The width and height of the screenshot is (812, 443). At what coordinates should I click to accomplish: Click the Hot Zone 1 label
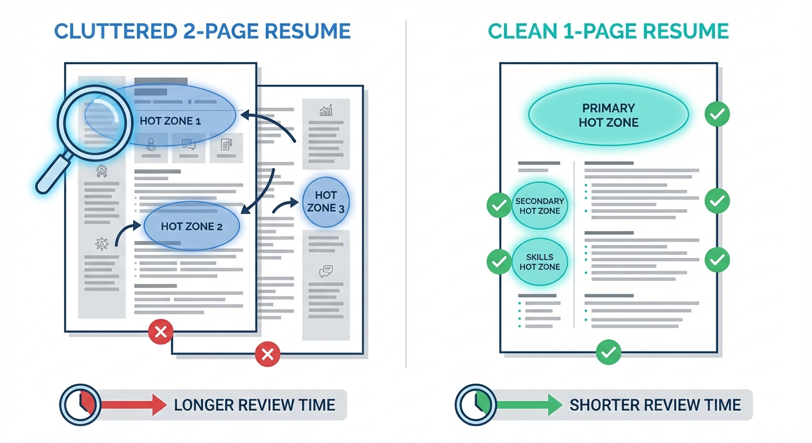(x=170, y=121)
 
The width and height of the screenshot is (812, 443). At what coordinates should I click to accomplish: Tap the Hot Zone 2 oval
(x=191, y=226)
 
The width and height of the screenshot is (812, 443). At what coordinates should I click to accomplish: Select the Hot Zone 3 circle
(x=326, y=201)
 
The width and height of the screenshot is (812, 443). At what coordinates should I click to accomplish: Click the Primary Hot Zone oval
(x=608, y=115)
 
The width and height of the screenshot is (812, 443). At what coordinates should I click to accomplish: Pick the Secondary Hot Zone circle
(x=540, y=206)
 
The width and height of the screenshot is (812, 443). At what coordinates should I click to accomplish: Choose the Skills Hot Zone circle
(x=540, y=262)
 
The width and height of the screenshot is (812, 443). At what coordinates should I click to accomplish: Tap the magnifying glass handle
(x=52, y=176)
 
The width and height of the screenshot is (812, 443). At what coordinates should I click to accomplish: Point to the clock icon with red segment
(x=80, y=404)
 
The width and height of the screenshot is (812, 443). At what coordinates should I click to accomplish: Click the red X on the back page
(x=267, y=354)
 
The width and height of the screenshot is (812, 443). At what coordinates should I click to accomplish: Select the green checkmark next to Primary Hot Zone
(x=717, y=115)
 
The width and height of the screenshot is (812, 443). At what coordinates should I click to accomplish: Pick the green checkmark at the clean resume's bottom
(x=608, y=351)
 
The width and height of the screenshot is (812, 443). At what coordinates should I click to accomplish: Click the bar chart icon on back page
(x=326, y=110)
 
